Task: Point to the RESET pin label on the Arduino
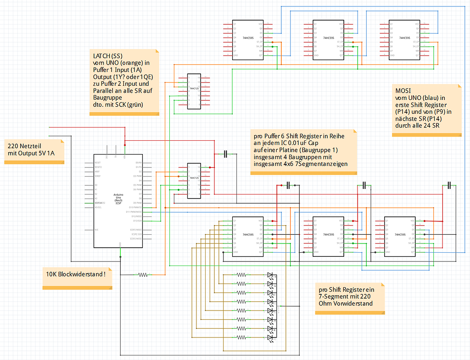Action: point(97,162)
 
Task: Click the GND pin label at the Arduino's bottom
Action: point(120,244)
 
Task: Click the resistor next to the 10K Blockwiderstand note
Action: point(143,275)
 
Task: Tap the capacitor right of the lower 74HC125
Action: point(225,154)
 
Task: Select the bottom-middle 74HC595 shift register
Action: point(328,237)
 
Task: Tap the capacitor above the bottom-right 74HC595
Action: point(449,185)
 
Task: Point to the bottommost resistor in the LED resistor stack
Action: point(241,338)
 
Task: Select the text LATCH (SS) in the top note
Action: point(107,56)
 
